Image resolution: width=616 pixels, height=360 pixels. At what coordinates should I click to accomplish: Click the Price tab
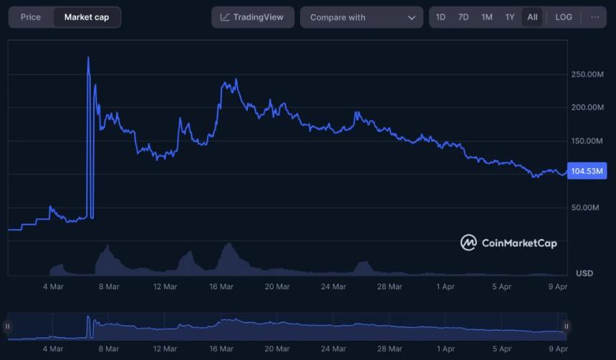click(31, 17)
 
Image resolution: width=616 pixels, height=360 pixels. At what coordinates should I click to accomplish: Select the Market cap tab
click(87, 17)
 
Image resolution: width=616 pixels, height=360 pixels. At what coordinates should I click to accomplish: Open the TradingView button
click(252, 17)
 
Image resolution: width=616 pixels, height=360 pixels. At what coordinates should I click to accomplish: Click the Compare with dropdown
click(362, 17)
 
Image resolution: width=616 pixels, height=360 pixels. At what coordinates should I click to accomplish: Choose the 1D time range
click(441, 17)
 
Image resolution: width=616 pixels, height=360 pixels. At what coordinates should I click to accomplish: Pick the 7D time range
click(463, 17)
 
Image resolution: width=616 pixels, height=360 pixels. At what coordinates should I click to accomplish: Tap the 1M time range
click(486, 17)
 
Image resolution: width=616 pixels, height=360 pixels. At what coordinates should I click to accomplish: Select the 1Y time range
click(509, 17)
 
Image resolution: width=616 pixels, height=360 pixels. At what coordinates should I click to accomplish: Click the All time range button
click(532, 17)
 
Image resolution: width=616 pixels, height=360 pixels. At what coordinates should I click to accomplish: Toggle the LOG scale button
click(564, 17)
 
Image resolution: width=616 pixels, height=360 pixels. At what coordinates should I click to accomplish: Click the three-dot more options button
click(595, 17)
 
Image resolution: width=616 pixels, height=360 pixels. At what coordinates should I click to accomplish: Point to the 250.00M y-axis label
click(587, 74)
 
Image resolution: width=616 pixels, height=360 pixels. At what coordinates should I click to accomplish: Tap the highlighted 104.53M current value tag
click(587, 171)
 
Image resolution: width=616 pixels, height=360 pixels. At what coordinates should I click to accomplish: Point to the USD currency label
click(584, 273)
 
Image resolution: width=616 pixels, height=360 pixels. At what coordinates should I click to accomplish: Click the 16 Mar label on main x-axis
click(221, 286)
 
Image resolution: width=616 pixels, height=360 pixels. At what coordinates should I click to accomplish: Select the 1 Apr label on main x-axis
click(446, 286)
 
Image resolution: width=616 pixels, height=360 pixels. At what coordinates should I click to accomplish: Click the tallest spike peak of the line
click(88, 58)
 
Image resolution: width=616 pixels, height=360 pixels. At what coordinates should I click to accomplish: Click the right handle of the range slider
click(566, 326)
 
